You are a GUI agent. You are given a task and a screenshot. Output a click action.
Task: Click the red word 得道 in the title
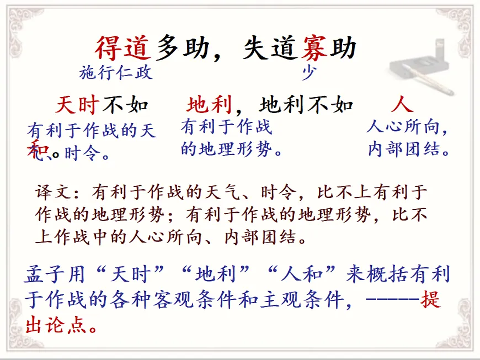pyautogui.click(x=122, y=48)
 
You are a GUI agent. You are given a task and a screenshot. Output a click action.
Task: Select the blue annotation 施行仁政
pyautogui.click(x=116, y=73)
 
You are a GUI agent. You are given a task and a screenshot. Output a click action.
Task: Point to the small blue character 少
pyautogui.click(x=308, y=73)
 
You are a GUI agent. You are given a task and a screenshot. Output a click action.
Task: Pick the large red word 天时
pyautogui.click(x=77, y=105)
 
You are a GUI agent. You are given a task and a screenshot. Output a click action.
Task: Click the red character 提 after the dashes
pyautogui.click(x=430, y=300)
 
